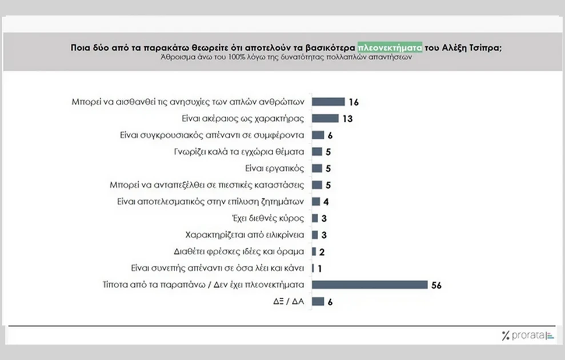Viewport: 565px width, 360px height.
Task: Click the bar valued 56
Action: pyautogui.click(x=370, y=285)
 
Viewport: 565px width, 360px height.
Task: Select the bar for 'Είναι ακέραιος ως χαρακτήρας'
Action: pyautogui.click(x=326, y=119)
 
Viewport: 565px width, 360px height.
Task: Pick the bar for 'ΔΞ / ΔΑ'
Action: pyautogui.click(x=318, y=302)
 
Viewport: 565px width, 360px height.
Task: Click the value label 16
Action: pyautogui.click(x=354, y=102)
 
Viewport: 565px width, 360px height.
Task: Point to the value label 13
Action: pyautogui.click(x=347, y=119)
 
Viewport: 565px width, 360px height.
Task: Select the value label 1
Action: pyautogui.click(x=320, y=268)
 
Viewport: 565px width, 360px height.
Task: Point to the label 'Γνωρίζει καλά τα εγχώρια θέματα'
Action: pyautogui.click(x=241, y=152)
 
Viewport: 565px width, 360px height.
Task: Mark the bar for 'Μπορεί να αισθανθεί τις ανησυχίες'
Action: pyautogui.click(x=328, y=102)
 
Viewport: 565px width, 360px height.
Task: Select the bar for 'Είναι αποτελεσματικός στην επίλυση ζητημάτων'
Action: pyautogui.click(x=315, y=202)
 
